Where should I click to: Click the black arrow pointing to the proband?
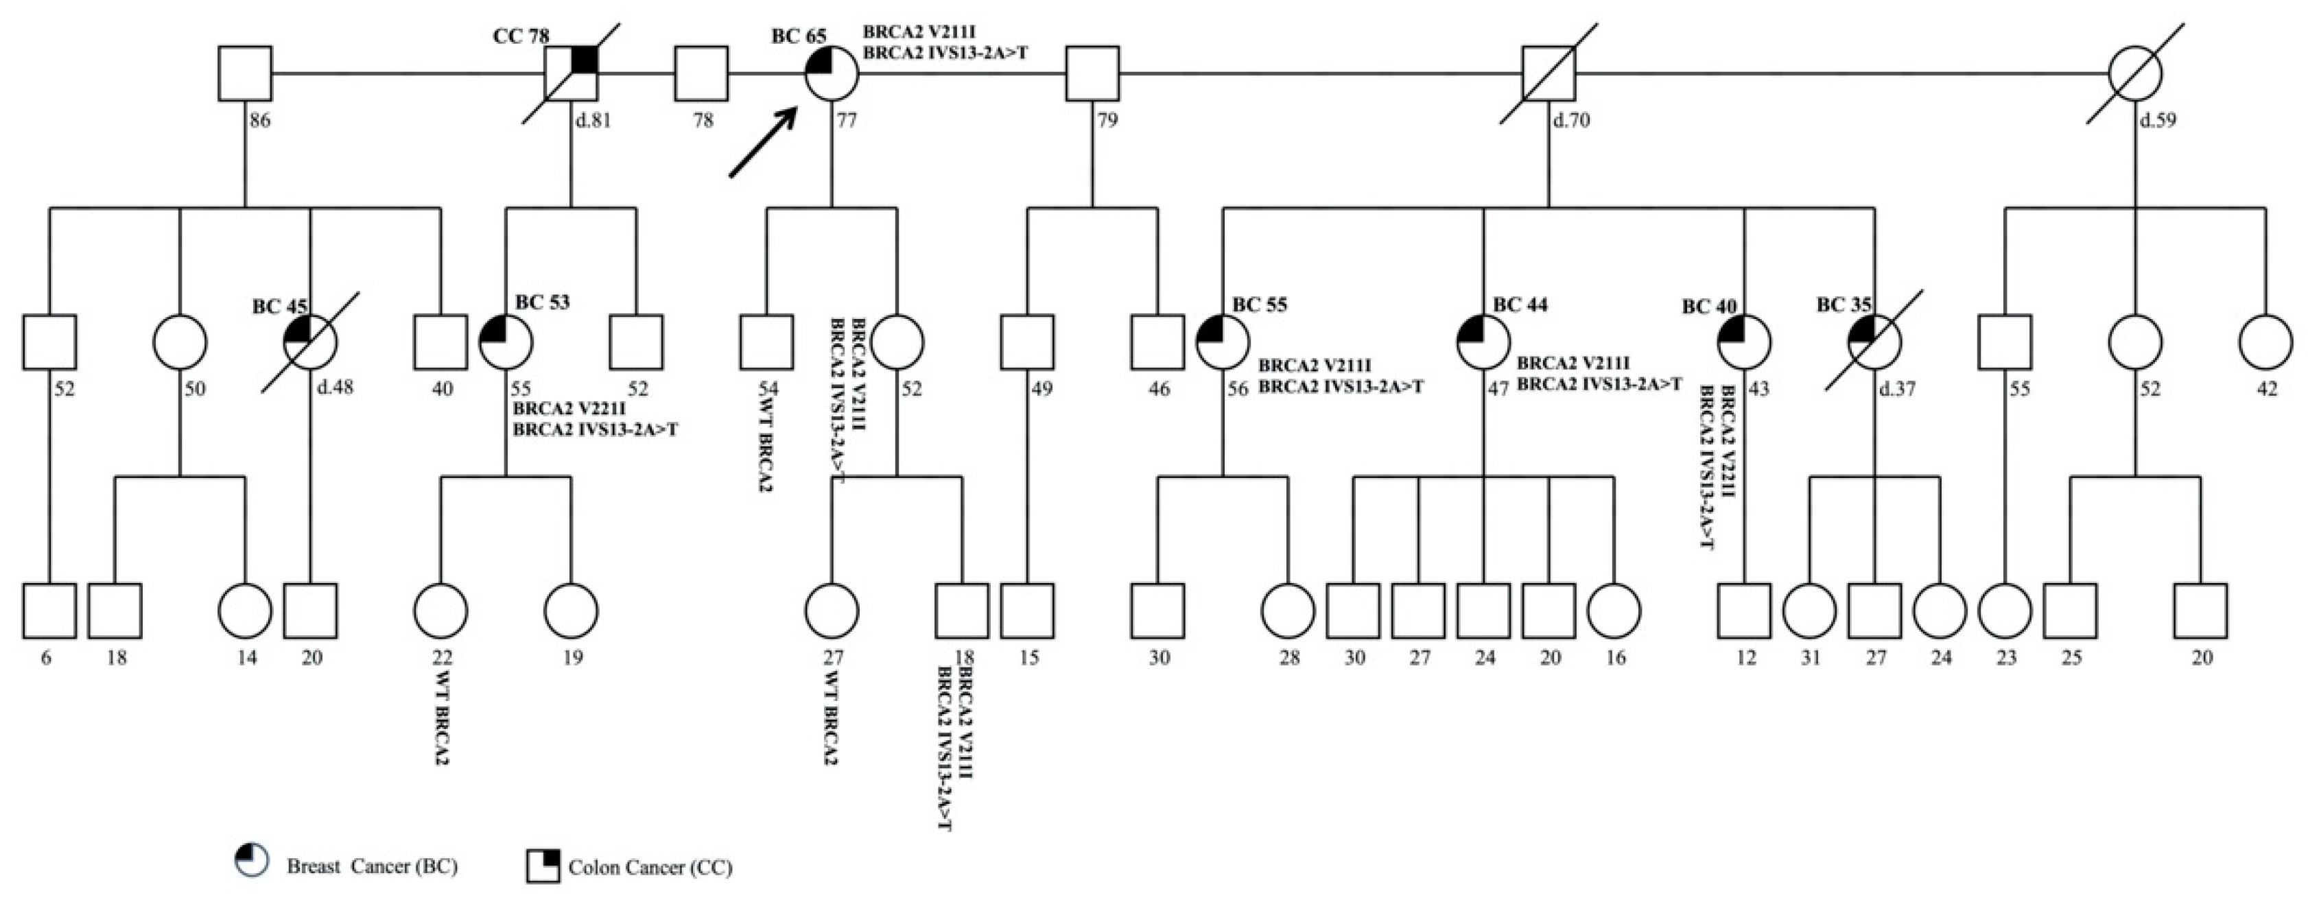(762, 143)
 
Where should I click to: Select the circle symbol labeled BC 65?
(832, 73)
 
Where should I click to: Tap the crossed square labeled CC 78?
(572, 73)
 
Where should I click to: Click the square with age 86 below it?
(245, 73)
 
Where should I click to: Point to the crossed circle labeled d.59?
(2135, 73)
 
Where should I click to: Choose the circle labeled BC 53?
(506, 342)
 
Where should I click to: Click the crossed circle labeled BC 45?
(310, 342)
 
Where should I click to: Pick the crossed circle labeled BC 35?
(1874, 342)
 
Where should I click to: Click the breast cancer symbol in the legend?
(251, 860)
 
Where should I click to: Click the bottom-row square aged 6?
(49, 611)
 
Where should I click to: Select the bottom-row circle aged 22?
(441, 611)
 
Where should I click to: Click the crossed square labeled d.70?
(1549, 73)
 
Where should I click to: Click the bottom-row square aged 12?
(1745, 611)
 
